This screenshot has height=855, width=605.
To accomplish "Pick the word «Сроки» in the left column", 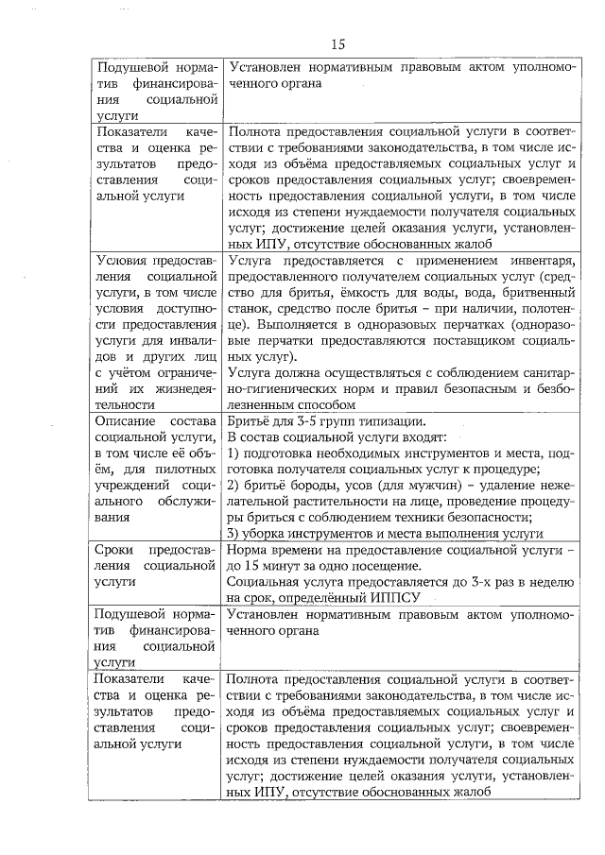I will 115,550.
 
